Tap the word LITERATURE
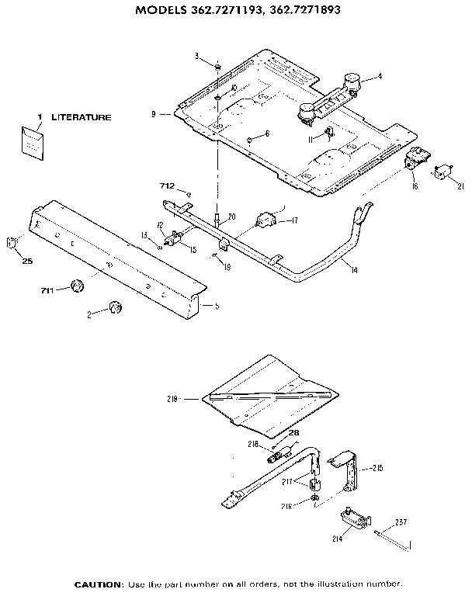click(81, 117)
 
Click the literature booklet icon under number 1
click(33, 143)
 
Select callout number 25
click(26, 262)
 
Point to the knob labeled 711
click(76, 286)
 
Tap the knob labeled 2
click(115, 307)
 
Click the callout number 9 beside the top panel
click(154, 114)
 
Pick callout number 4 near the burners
click(380, 76)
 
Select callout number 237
click(401, 521)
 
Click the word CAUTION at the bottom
click(99, 584)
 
